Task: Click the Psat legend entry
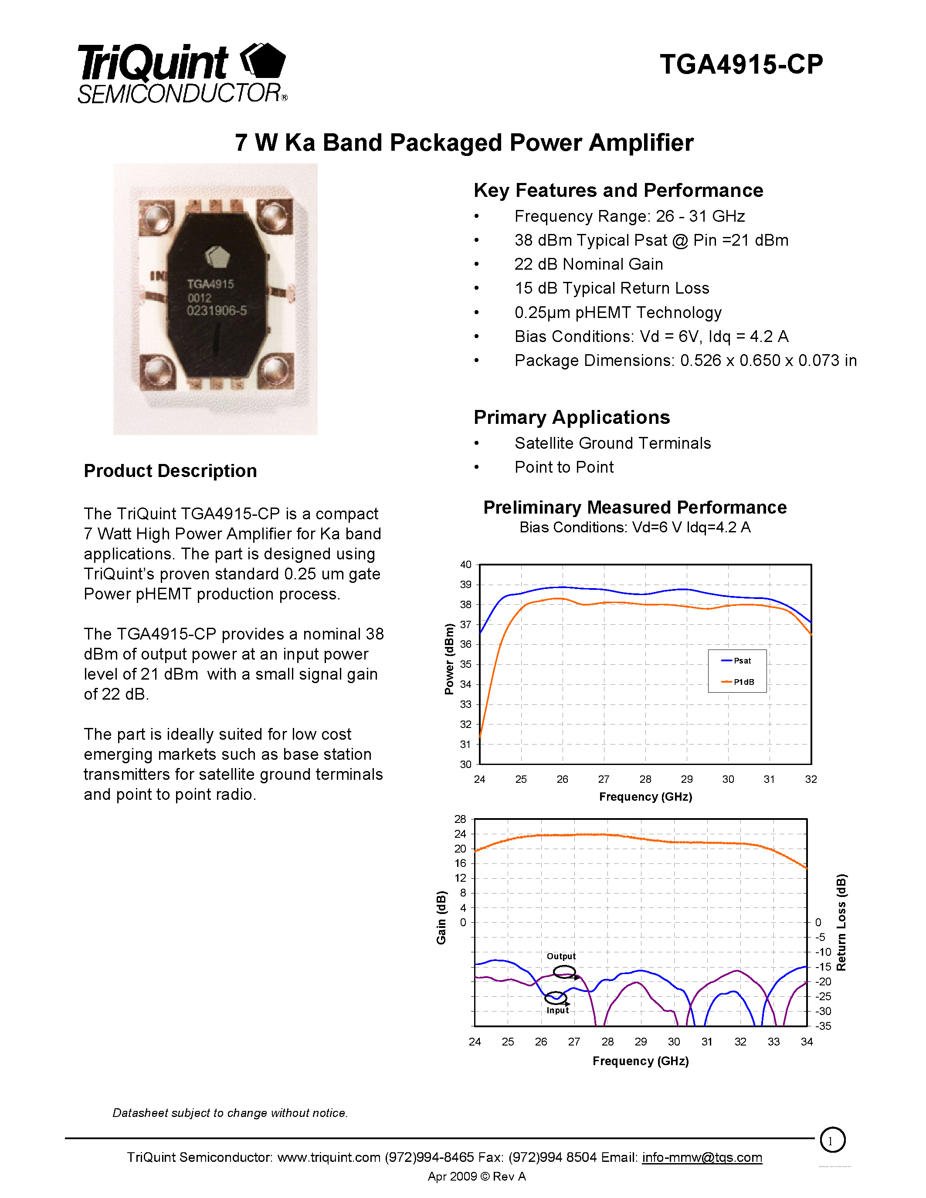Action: click(x=742, y=660)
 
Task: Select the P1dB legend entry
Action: click(x=743, y=682)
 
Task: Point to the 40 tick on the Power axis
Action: click(x=465, y=565)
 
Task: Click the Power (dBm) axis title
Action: click(x=449, y=660)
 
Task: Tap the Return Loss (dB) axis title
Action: click(x=841, y=922)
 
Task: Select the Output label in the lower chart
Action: click(x=561, y=956)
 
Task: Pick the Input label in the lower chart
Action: click(x=557, y=1010)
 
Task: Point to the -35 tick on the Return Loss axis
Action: click(x=824, y=1026)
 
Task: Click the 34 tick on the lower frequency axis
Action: click(x=807, y=1042)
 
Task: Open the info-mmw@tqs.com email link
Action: click(x=702, y=1157)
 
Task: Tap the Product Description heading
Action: click(x=170, y=470)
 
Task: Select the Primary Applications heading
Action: click(x=572, y=417)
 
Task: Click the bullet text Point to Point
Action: click(x=564, y=467)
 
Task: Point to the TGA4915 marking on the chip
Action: click(x=210, y=284)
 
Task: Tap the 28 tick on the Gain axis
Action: click(x=460, y=819)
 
